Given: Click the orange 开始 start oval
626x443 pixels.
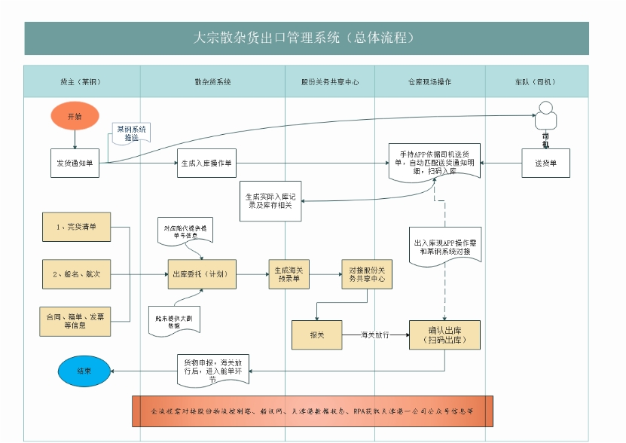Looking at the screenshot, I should coord(75,117).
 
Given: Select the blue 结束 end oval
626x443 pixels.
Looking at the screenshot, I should coord(84,371).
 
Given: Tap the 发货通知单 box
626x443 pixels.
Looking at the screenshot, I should coord(75,163).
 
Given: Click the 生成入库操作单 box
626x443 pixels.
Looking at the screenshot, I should coord(206,163).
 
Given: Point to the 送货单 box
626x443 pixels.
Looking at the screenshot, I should coord(545,163).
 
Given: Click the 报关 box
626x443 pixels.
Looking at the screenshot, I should coord(316,335).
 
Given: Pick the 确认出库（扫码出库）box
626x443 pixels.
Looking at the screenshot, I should coord(444,335).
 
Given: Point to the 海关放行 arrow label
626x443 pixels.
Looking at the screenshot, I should coord(374,335).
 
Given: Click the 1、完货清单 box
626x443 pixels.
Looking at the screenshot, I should coord(75,227).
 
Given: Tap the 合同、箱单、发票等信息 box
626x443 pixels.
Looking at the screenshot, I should coord(75,321).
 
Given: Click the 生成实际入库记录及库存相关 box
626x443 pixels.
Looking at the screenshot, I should coord(270,200).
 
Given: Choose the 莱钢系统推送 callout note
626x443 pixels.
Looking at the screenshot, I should coord(132,134).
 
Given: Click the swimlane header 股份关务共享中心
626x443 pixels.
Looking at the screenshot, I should coord(329,81).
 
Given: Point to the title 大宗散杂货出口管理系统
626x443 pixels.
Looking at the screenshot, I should coord(306,38).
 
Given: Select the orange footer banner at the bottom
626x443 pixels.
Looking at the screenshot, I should coord(312,411).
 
